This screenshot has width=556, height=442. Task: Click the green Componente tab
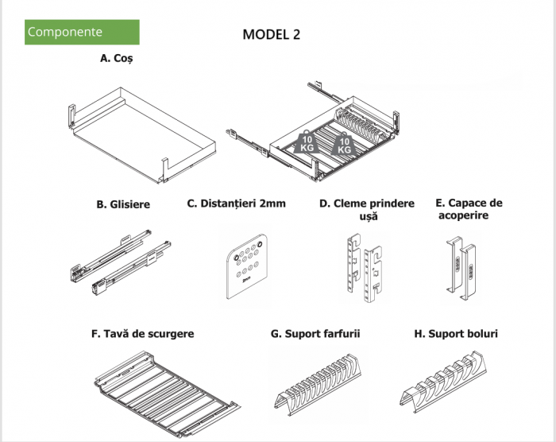point(82,33)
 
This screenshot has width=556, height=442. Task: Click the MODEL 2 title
point(271,34)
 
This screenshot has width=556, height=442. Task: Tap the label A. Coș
point(116,59)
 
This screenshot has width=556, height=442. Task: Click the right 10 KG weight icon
point(344,145)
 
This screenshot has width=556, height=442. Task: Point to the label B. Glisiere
point(123,204)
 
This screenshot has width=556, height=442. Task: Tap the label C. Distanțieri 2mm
point(237,204)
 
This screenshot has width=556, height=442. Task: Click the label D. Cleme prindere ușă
point(366,209)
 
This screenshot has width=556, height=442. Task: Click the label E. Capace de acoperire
point(469,209)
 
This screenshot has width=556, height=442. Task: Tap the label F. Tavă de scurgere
point(142,334)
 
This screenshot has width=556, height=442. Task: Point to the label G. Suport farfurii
point(315,334)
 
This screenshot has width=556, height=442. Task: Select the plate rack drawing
point(318,385)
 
